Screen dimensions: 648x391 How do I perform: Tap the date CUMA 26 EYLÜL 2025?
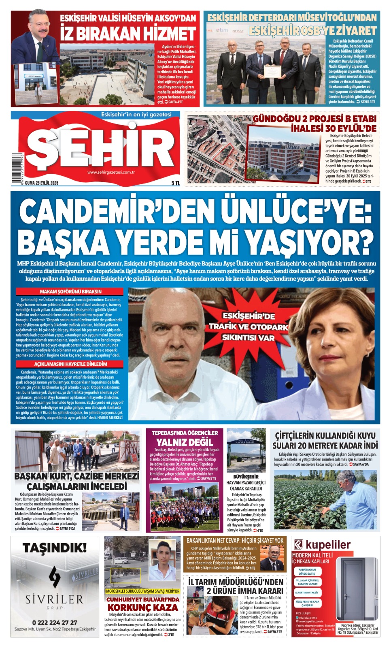(42, 183)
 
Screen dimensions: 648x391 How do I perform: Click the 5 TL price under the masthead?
(175, 183)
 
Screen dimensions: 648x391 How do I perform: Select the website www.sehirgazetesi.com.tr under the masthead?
(111, 173)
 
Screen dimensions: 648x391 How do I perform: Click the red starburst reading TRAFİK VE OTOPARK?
(248, 326)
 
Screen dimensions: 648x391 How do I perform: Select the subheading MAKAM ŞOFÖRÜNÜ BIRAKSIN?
(70, 292)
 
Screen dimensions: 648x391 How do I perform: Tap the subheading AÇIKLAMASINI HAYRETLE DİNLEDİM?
(70, 364)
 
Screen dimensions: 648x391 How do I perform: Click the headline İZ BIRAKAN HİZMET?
(128, 34)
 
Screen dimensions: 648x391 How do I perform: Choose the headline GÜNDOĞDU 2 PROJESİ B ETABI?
(314, 119)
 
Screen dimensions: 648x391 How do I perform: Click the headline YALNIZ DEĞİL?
(185, 442)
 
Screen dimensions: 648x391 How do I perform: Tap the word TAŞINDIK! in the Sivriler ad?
(55, 548)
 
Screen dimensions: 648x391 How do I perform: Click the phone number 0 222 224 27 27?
(55, 622)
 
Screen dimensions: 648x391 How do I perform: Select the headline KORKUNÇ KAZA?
(142, 607)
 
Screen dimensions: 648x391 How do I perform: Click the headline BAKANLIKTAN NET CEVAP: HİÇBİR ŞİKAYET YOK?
(235, 540)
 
